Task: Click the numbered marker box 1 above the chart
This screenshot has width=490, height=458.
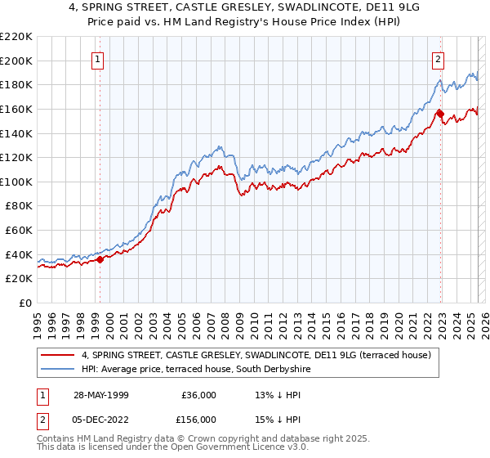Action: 98,59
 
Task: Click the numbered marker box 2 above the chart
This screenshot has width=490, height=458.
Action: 439,59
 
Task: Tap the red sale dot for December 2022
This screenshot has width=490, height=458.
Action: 440,114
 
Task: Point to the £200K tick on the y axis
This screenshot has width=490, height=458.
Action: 18,61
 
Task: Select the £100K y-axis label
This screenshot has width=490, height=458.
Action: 18,182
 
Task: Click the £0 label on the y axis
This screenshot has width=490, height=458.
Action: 24,303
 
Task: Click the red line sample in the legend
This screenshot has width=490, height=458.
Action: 58,356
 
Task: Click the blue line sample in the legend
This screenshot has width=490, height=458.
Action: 58,370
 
